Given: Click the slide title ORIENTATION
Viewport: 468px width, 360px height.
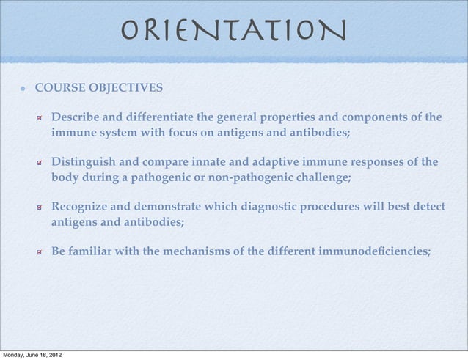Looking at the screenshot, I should (x=233, y=30).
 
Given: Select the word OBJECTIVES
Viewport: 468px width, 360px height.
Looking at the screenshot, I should (x=130, y=89).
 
